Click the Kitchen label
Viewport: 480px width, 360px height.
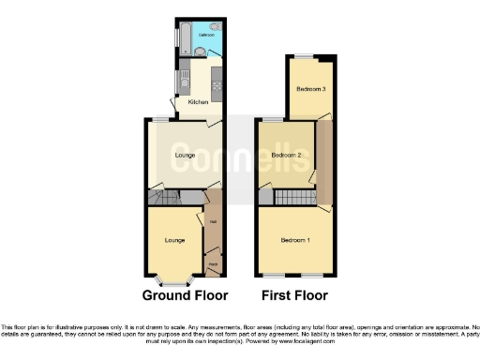click(x=198, y=101)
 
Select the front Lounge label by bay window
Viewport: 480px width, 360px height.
click(x=173, y=241)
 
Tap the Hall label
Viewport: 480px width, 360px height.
click(x=213, y=221)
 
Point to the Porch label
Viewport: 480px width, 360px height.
click(x=213, y=265)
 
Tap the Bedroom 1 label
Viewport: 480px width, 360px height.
click(x=294, y=241)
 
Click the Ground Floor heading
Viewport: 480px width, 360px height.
click(x=185, y=295)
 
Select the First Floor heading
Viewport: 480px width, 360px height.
click(x=295, y=295)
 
